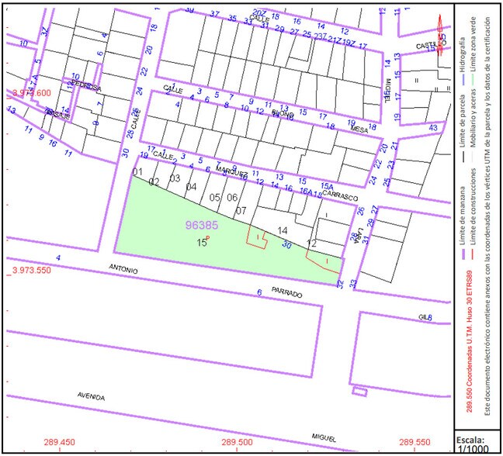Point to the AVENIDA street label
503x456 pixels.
91,396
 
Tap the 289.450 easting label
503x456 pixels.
65,442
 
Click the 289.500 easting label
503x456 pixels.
237,442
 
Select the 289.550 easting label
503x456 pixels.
411,442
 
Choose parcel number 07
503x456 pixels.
241,211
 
